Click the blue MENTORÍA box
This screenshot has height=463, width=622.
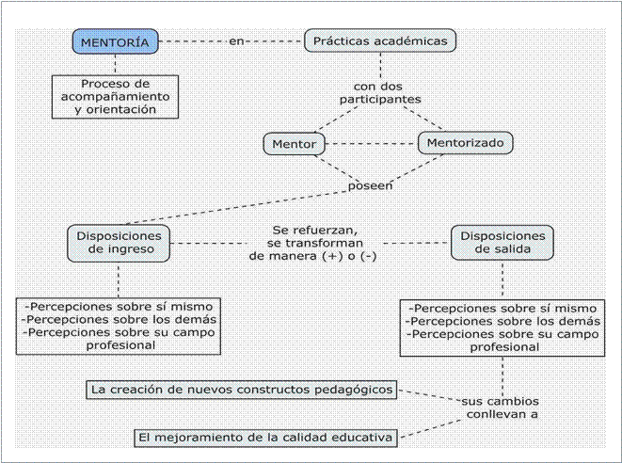click(115, 41)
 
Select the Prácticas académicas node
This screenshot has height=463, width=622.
click(380, 40)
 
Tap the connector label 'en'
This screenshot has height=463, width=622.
click(236, 40)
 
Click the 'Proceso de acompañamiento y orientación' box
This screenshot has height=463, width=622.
click(115, 97)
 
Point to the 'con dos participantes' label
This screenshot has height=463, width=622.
click(380, 93)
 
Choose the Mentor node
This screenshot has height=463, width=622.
click(295, 144)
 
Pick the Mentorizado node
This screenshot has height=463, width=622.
click(465, 143)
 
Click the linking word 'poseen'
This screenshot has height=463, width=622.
click(370, 185)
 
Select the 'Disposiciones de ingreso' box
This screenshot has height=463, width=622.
click(119, 243)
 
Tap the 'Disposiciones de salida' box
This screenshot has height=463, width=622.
click(502, 243)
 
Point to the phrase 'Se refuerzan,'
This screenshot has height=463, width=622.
click(315, 231)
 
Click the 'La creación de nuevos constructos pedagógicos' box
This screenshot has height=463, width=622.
click(242, 390)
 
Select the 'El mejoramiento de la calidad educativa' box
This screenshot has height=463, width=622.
click(265, 438)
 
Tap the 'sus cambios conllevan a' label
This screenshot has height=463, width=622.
click(501, 407)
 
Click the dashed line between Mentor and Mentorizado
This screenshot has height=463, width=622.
click(372, 144)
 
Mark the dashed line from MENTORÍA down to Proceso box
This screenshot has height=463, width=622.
click(115, 65)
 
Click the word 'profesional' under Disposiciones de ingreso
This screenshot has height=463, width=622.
click(120, 345)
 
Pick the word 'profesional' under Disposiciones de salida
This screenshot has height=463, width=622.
click(504, 347)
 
